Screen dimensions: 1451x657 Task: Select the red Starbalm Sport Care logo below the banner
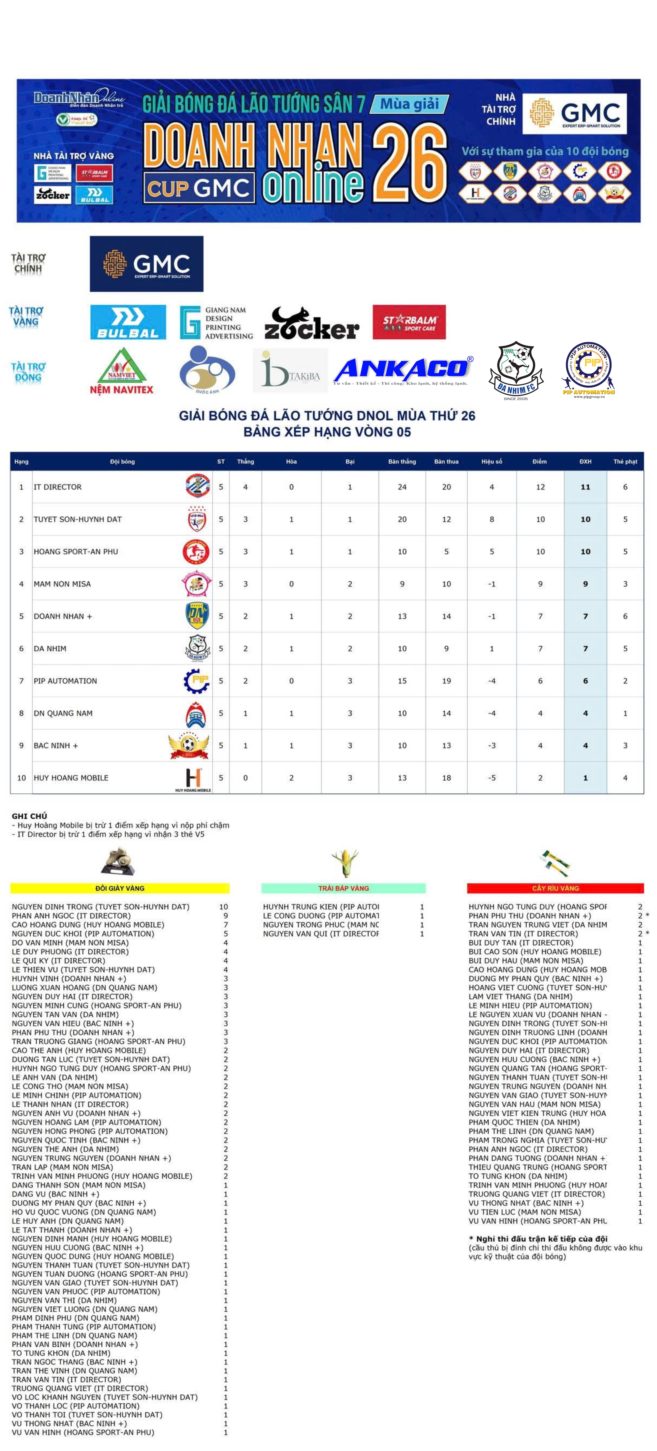coord(409,322)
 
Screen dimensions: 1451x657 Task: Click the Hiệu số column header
coord(491,461)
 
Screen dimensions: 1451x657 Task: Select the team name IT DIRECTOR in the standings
coord(58,487)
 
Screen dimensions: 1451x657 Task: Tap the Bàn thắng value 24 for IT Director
coord(402,487)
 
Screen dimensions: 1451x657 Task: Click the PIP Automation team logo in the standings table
coord(197,681)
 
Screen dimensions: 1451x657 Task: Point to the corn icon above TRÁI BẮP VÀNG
coord(345,862)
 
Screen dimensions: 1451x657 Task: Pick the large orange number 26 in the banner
coord(410,164)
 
